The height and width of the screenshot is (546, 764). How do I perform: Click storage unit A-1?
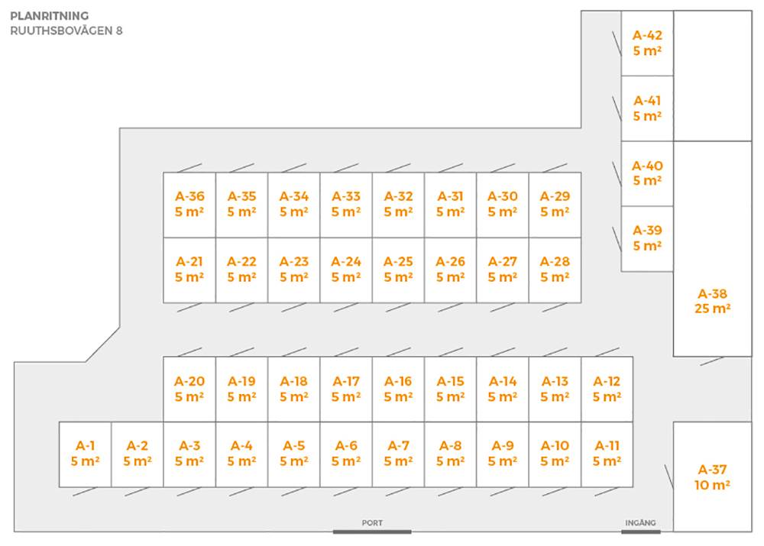[85, 454]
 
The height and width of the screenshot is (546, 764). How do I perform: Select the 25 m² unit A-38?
[712, 301]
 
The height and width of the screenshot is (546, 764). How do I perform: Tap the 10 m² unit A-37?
[712, 477]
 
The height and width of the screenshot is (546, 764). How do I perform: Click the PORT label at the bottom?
[372, 523]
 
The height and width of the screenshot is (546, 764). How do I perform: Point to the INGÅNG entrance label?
[640, 523]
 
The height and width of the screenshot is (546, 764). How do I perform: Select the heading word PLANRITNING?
[50, 15]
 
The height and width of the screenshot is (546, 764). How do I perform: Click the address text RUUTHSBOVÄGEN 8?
[66, 31]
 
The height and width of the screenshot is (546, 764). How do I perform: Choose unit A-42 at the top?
[647, 43]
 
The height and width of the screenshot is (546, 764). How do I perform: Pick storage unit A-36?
[189, 204]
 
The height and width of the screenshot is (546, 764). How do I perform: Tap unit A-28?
[555, 269]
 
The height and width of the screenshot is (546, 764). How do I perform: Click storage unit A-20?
[189, 389]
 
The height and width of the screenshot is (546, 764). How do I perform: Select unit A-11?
[607, 454]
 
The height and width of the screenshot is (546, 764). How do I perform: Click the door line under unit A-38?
[712, 360]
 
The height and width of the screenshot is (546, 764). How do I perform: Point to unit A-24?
[346, 269]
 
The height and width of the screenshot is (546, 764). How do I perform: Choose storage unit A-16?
[398, 389]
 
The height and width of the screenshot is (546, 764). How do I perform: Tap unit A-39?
[647, 238]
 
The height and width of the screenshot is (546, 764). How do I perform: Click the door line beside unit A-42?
[616, 42]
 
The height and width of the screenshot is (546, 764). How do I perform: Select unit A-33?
[346, 204]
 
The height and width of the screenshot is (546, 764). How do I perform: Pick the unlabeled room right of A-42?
[712, 76]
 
